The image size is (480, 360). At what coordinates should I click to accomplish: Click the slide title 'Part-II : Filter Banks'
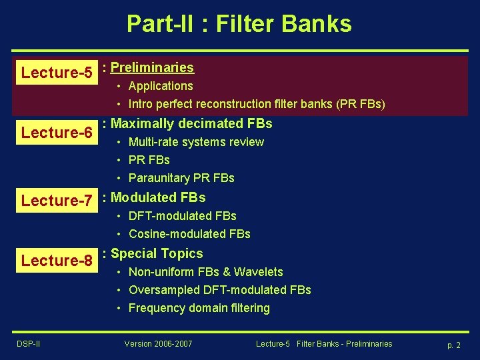point(239,24)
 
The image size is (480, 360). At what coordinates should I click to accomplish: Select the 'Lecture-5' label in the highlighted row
point(57,73)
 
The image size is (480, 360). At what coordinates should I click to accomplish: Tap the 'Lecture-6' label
point(57,133)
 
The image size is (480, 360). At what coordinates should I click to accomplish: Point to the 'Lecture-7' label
point(57,201)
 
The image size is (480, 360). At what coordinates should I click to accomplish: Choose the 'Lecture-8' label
point(57,261)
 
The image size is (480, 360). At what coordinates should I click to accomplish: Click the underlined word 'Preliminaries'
point(152,67)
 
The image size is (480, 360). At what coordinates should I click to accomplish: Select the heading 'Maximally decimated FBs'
point(191,123)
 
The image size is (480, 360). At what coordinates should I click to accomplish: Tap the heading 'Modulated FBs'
point(158,197)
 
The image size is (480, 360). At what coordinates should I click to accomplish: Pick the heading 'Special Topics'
point(157,253)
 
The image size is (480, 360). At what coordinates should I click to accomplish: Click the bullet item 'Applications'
point(161,86)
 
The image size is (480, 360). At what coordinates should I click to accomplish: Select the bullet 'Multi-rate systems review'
point(196,142)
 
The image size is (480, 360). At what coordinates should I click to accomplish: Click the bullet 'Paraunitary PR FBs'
point(181,178)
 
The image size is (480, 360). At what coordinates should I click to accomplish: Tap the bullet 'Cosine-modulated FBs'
point(189,234)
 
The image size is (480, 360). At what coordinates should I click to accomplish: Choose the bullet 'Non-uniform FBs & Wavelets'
point(205,272)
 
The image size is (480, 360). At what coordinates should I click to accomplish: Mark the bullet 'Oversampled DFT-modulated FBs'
point(219,290)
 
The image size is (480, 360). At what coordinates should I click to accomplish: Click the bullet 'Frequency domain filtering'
point(199,308)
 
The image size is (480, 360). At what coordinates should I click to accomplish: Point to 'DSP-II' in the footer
point(28,343)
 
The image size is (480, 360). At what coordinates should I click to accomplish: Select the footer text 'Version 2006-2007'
point(158,343)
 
